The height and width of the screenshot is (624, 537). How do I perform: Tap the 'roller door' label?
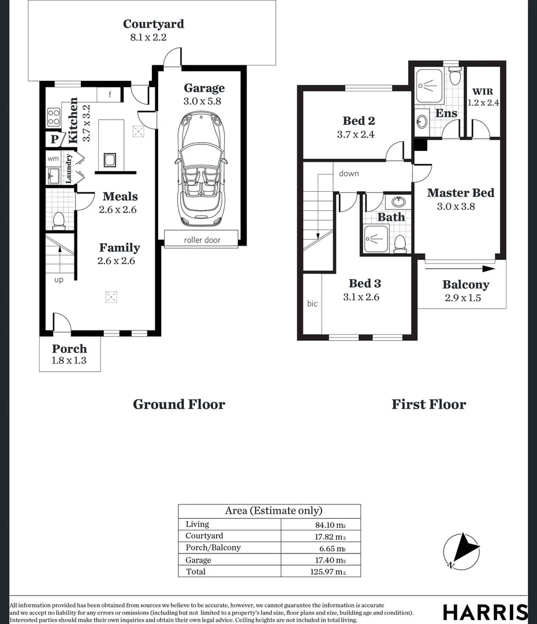pyautogui.click(x=202, y=240)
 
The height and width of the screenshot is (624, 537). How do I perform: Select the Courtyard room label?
pyautogui.click(x=154, y=24)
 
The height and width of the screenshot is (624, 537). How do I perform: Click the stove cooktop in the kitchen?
pyautogui.click(x=54, y=117)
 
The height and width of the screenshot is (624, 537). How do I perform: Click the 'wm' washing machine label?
pyautogui.click(x=53, y=158)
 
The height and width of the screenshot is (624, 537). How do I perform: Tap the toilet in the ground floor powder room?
pyautogui.click(x=58, y=220)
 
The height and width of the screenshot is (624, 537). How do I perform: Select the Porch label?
pyautogui.click(x=69, y=348)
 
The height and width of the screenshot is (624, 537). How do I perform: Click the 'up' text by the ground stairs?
pyautogui.click(x=58, y=280)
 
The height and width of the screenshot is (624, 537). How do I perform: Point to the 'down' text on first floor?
pyautogui.click(x=349, y=173)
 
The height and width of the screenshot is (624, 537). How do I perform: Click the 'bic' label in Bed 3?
pyautogui.click(x=312, y=303)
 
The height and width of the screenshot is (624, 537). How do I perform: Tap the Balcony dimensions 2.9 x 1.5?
pyautogui.click(x=463, y=298)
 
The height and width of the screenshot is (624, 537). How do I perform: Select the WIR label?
pyautogui.click(x=482, y=92)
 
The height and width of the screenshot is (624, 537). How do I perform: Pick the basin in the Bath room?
pyautogui.click(x=398, y=202)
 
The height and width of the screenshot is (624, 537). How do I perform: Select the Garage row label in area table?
pyautogui.click(x=198, y=560)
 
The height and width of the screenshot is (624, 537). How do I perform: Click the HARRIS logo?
pyautogui.click(x=484, y=612)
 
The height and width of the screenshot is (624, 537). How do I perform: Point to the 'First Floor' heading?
pyautogui.click(x=428, y=404)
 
